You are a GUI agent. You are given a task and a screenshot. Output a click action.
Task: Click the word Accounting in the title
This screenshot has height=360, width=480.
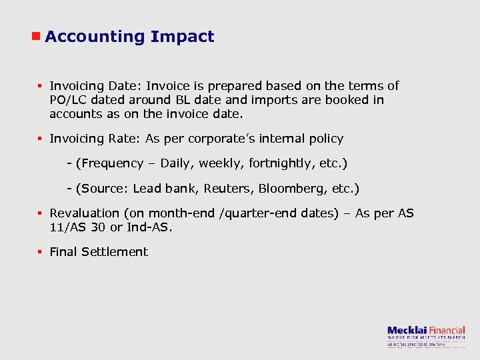[x=95, y=37]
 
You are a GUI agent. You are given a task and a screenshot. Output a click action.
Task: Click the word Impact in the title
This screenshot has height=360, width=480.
[x=183, y=37]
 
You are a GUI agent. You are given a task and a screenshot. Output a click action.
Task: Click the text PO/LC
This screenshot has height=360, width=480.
[x=68, y=100]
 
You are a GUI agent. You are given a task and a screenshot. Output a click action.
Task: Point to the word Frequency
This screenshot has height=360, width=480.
[x=111, y=163]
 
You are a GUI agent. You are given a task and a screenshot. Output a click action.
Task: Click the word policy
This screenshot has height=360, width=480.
[x=325, y=139]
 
